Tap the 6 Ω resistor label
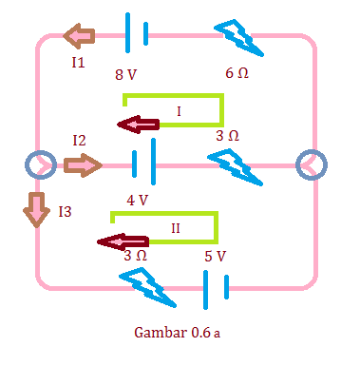click(237, 73)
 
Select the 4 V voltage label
click(137, 201)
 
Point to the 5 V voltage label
click(215, 256)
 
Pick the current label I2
click(80, 141)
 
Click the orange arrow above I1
click(79, 37)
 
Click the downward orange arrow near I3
click(37, 209)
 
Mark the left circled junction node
click(39, 165)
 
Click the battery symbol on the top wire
click(136, 32)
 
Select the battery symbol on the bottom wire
click(216, 287)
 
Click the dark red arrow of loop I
click(138, 124)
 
